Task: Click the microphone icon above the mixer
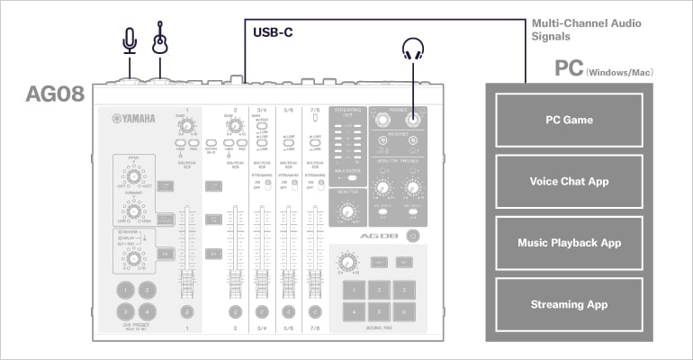coord(130,40)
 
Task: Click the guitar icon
coord(161,38)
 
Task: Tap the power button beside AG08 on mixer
coord(412,236)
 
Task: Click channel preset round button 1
coord(126,289)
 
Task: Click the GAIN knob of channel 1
coord(187,128)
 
